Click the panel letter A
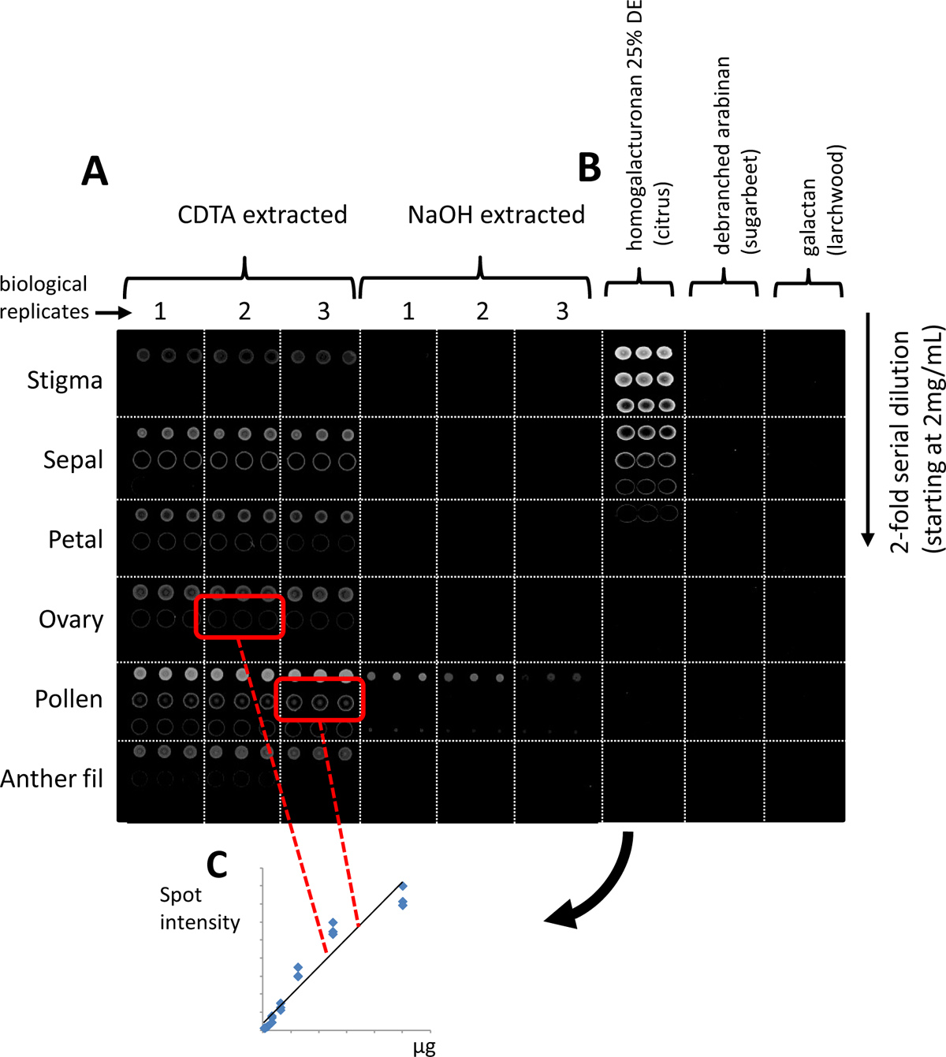(95, 171)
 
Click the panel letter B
(589, 167)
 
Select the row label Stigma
(65, 381)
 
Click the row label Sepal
(73, 460)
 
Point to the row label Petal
(75, 539)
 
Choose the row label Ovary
(71, 620)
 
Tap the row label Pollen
(69, 699)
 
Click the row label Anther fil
(52, 779)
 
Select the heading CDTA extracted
(262, 214)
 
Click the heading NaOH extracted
(496, 214)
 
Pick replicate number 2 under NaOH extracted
(482, 311)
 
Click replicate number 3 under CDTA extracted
(323, 311)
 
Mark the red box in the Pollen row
(320, 698)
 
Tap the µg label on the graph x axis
(424, 1048)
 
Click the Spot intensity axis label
(199, 909)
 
